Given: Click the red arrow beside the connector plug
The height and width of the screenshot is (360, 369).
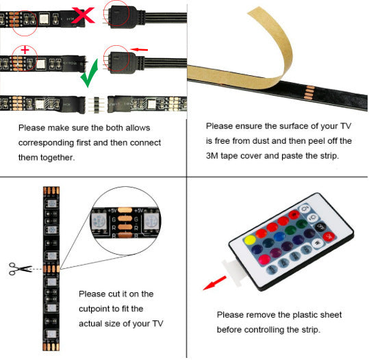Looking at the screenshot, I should pyautogui.click(x=140, y=49).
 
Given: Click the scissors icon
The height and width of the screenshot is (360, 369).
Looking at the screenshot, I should pyautogui.click(x=18, y=268).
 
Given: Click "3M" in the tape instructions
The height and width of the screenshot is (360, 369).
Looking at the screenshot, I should pyautogui.click(x=214, y=155).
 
